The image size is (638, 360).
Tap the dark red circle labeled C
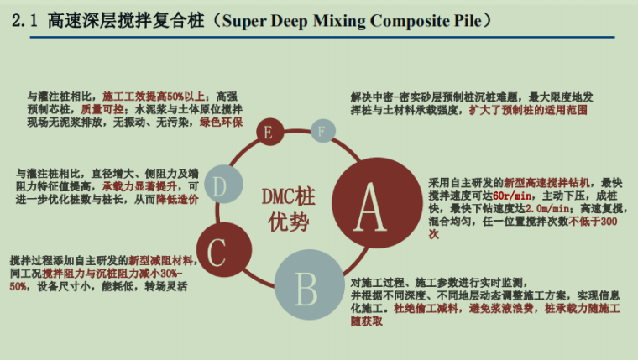[x=217, y=248]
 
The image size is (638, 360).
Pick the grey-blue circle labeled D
[x=218, y=187]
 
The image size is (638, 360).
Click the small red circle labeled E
[x=267, y=133]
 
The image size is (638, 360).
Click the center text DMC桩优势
[x=287, y=208]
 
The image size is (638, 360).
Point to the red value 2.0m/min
[x=551, y=209]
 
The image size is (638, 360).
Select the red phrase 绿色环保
[x=221, y=123]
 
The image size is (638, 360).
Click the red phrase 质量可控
[x=97, y=109]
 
